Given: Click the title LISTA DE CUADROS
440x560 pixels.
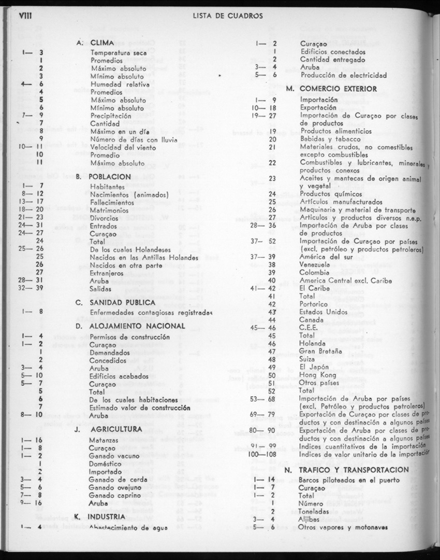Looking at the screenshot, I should click(x=227, y=16).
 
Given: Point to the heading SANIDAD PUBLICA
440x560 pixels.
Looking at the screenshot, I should click(x=122, y=302).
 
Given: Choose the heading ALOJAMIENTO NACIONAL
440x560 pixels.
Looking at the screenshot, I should click(x=137, y=326).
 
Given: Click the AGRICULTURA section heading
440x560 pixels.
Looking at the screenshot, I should click(x=116, y=430).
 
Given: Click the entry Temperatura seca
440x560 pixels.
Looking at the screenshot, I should click(x=119, y=52).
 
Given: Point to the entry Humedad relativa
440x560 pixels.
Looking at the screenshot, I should click(x=120, y=84).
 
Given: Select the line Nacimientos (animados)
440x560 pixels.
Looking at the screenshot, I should click(x=129, y=194).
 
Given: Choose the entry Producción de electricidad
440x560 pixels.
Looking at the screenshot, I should click(x=343, y=75).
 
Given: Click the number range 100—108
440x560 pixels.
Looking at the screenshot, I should click(x=262, y=454).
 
